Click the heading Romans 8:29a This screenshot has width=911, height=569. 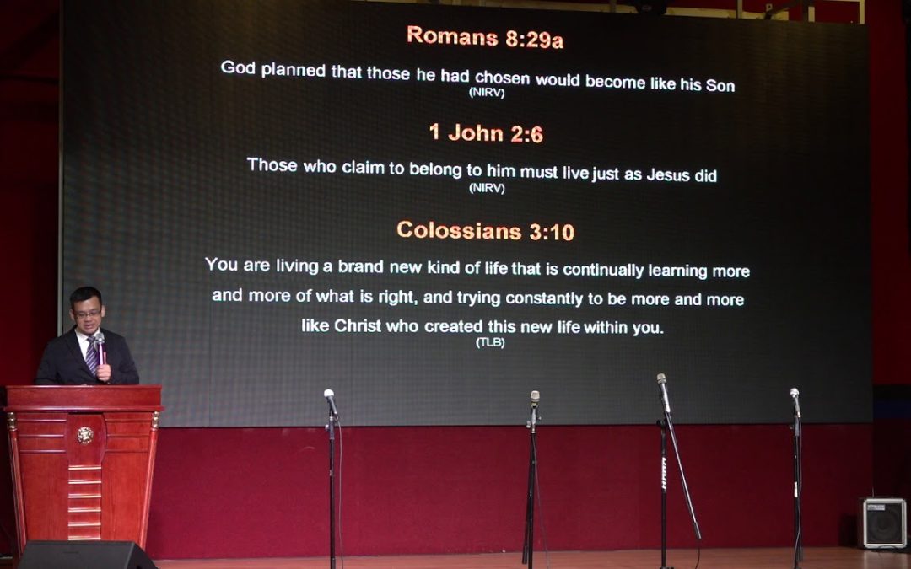point(485,37)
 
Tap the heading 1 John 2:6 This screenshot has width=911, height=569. point(487,133)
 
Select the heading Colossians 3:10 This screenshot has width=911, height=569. point(486,231)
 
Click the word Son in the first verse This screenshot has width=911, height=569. point(720,85)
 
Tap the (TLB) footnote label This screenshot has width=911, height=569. point(490,342)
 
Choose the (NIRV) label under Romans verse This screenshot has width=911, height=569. point(487,93)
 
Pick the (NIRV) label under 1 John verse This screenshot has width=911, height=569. point(487,188)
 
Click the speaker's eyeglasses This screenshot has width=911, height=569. point(88,314)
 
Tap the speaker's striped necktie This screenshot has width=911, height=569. point(92,356)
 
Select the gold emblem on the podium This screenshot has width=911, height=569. point(85,435)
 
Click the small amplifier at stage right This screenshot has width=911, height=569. point(882,523)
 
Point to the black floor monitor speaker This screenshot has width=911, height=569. point(87,555)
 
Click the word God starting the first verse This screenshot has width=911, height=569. point(238,68)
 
